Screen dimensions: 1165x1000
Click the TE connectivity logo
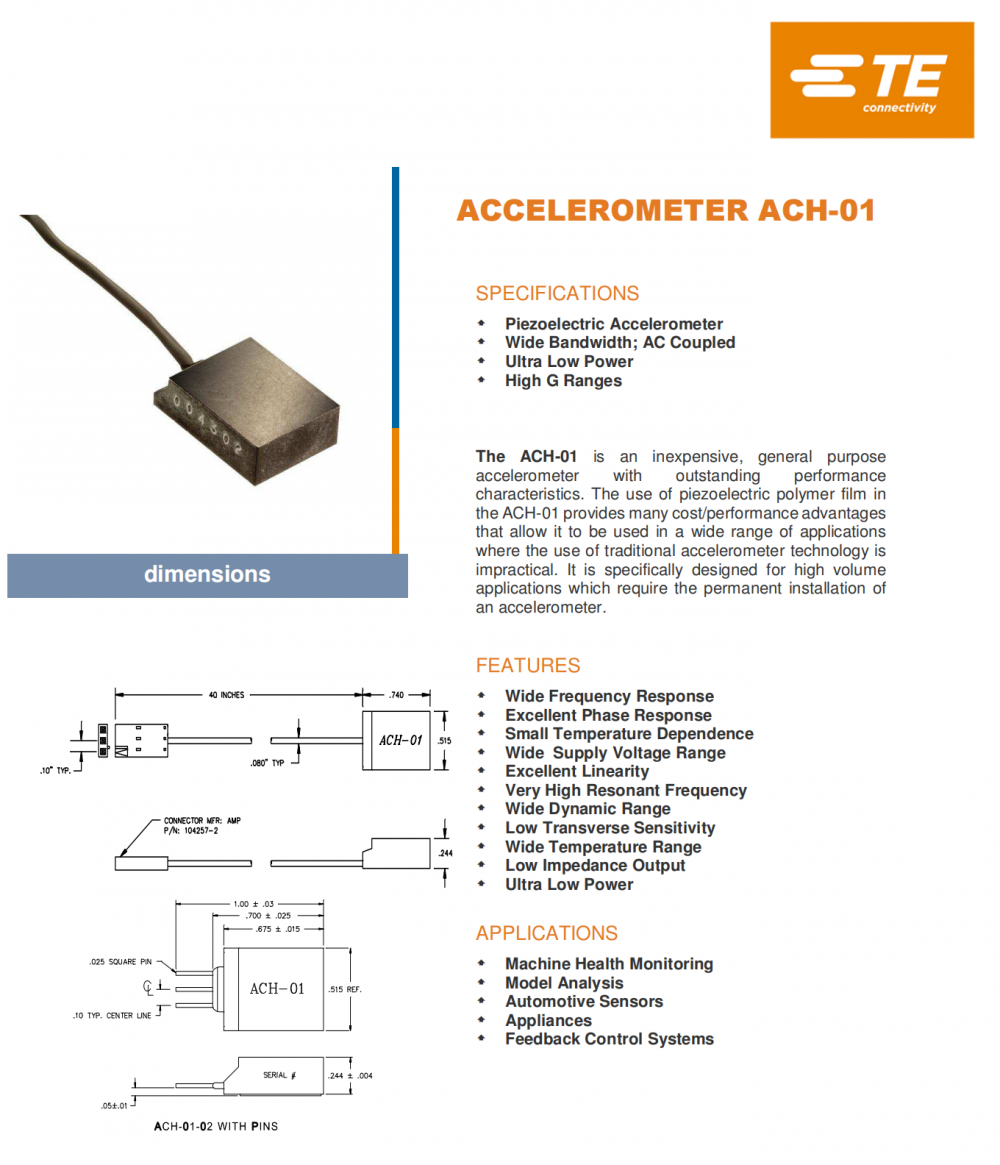click(x=871, y=80)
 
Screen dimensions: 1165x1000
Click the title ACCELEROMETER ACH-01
click(x=665, y=211)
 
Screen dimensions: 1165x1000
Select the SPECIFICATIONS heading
click(x=557, y=294)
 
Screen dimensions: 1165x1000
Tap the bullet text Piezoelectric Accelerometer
click(x=613, y=324)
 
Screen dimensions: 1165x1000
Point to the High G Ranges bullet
click(x=563, y=381)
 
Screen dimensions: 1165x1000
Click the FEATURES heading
click(x=527, y=666)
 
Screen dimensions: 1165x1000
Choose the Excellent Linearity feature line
click(x=576, y=772)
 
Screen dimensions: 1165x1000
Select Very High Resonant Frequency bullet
click(x=625, y=791)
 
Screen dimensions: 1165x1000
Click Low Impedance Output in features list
click(x=595, y=866)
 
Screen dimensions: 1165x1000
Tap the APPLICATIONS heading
click(x=546, y=934)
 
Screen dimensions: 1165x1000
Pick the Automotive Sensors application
click(x=583, y=1002)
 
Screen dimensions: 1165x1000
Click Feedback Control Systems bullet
click(x=609, y=1040)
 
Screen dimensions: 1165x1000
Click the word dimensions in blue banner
click(x=207, y=575)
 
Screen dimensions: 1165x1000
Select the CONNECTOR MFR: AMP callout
click(x=202, y=821)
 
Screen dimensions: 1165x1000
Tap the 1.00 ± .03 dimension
click(x=253, y=904)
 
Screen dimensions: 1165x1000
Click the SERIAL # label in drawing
click(x=279, y=1075)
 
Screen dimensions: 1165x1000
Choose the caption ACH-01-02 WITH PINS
click(x=216, y=1127)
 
